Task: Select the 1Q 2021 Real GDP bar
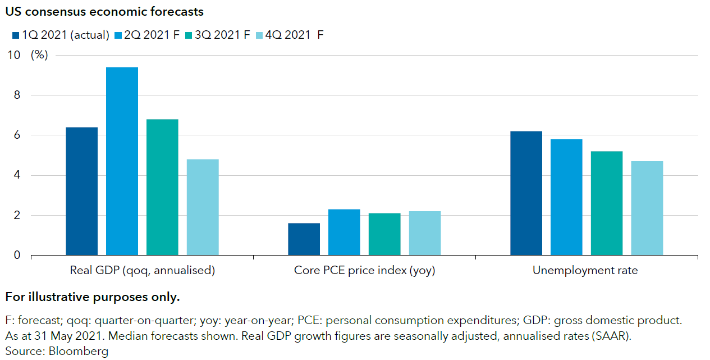[81, 191]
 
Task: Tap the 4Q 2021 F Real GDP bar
[203, 207]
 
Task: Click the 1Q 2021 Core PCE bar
[304, 239]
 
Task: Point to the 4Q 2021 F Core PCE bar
[425, 233]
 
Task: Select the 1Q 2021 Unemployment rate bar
[526, 193]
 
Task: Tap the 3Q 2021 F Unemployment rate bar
[607, 203]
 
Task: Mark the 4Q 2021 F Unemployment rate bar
[647, 208]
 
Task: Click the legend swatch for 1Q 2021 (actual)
[15, 35]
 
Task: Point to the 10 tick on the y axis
[13, 55]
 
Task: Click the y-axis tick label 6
[17, 135]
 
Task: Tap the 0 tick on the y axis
[17, 256]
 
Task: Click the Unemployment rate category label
[585, 270]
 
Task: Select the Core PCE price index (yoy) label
[364, 270]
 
